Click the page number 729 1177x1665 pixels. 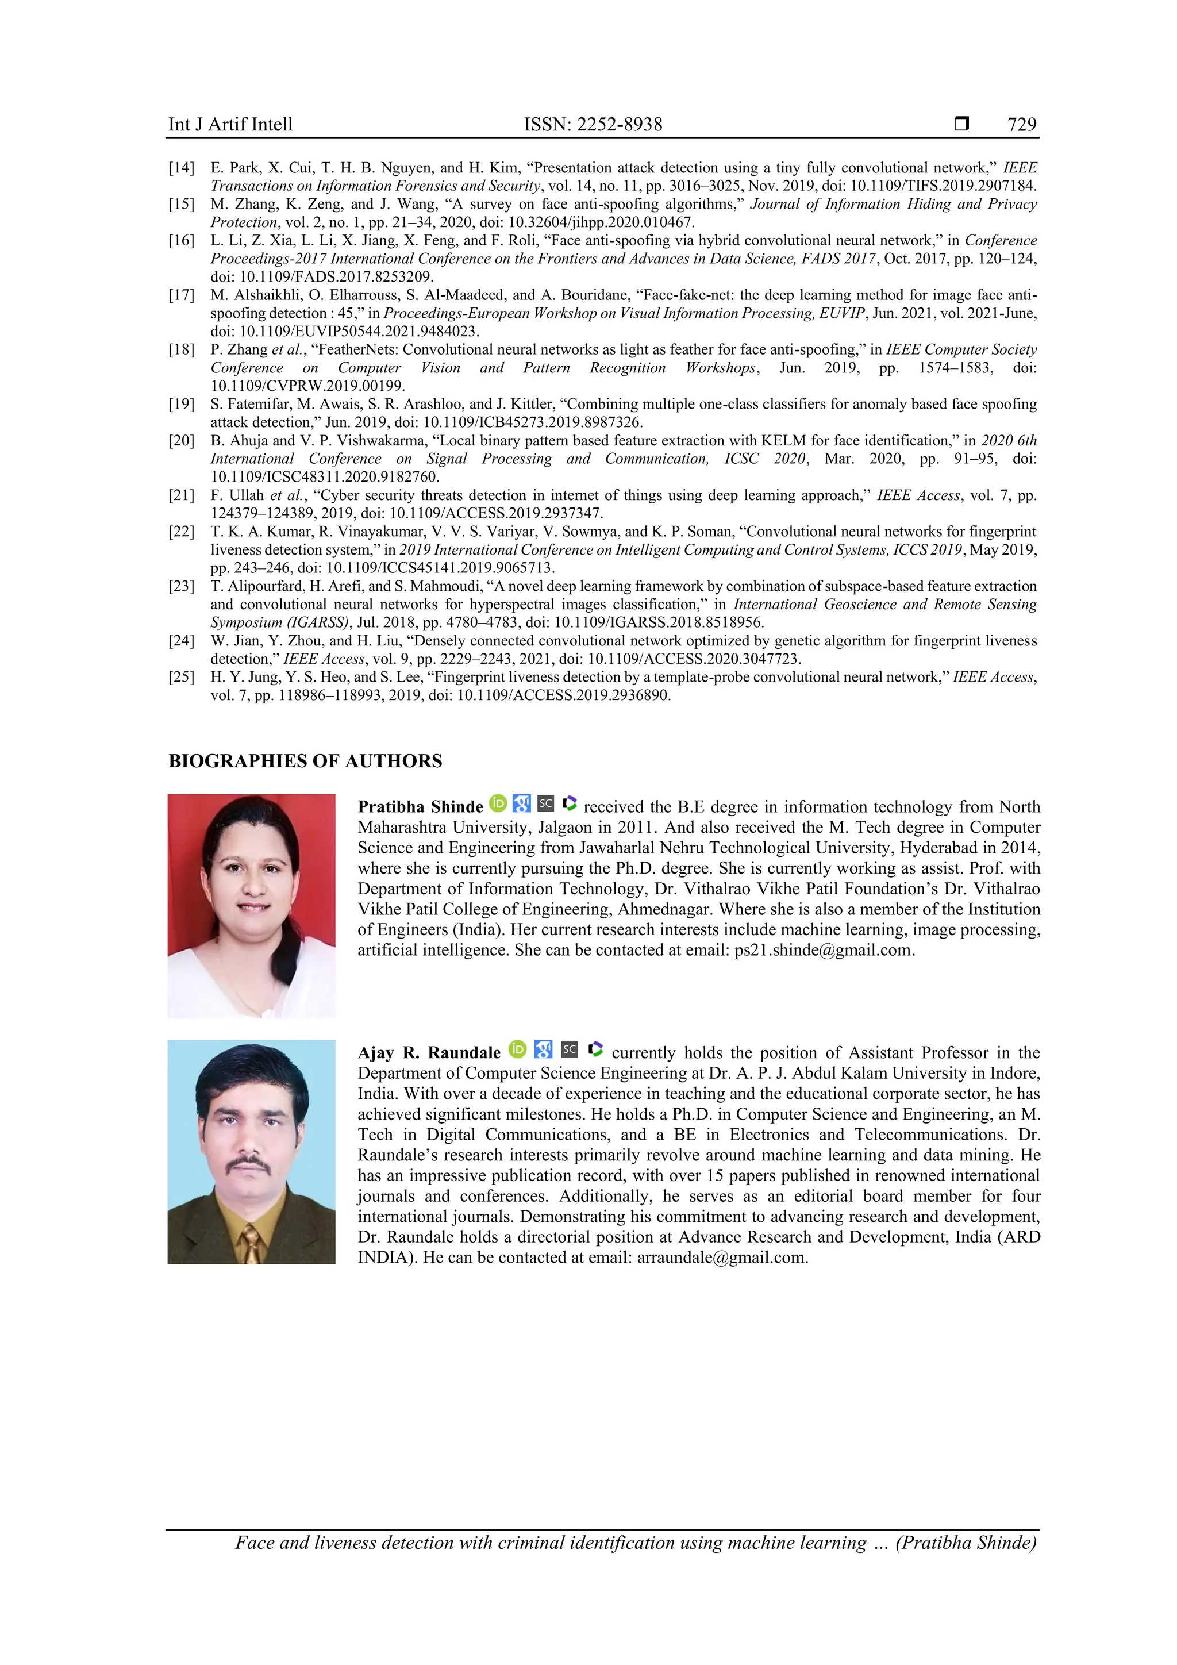[1021, 125]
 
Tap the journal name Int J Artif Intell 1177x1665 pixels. [230, 125]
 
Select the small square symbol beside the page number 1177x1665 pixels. [961, 124]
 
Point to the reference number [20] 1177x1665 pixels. [181, 441]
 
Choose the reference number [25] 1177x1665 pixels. [181, 677]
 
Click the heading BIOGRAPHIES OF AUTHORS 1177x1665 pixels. [305, 761]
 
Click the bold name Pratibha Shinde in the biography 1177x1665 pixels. [420, 807]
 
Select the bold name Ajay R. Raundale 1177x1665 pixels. [429, 1053]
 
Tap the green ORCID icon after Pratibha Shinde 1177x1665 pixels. [498, 803]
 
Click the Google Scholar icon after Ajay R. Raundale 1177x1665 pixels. [543, 1049]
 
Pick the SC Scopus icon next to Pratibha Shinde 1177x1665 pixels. [545, 803]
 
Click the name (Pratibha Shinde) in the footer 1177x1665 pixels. [966, 1543]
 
